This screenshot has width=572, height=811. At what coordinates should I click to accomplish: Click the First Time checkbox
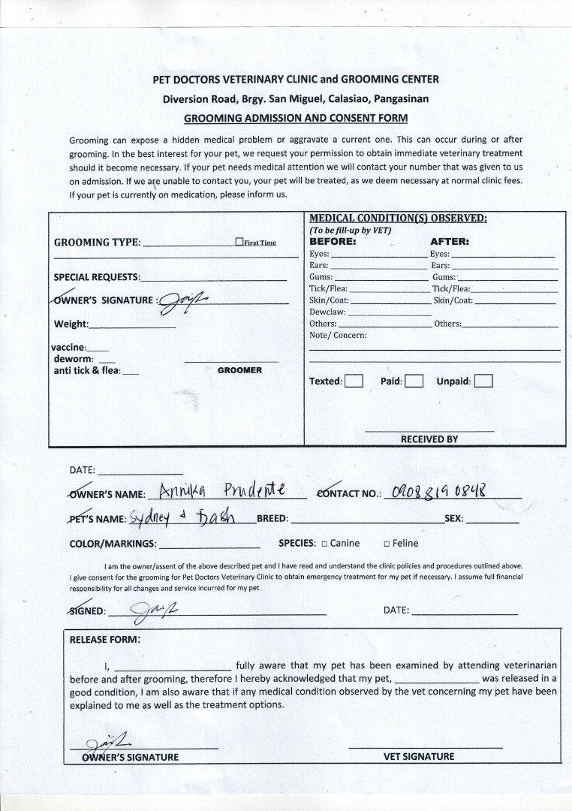tap(239, 242)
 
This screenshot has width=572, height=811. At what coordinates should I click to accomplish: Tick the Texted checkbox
tap(354, 381)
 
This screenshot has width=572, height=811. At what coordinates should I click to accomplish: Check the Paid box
tap(414, 381)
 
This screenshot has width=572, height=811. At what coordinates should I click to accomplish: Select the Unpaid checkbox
tap(483, 381)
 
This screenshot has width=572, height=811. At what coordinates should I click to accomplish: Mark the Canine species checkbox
tap(324, 544)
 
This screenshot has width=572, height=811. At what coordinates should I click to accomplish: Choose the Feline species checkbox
tap(387, 544)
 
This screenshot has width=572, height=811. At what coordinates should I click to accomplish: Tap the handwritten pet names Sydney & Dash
tap(182, 517)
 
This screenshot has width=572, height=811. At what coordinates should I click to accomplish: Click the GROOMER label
tap(239, 370)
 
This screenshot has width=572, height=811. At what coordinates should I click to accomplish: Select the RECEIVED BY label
tap(429, 439)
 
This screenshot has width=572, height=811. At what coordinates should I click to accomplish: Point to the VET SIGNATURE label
tap(419, 756)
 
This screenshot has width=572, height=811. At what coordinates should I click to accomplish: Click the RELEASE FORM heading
tap(104, 640)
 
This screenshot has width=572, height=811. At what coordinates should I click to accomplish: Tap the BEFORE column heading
tap(333, 242)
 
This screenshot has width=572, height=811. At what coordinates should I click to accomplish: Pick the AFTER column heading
tap(449, 242)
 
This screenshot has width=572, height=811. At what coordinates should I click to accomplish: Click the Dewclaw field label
tap(327, 312)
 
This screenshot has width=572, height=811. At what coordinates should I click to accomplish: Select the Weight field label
tap(71, 324)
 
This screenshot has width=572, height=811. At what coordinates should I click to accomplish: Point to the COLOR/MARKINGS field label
tap(113, 544)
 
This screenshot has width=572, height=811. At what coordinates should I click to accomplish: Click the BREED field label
tap(272, 518)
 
